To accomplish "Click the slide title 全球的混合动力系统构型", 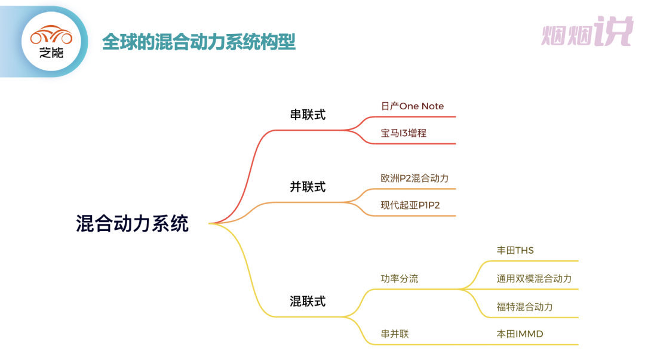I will pyautogui.click(x=199, y=42).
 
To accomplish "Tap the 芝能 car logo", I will pyautogui.click(x=51, y=41).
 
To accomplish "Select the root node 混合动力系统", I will pyautogui.click(x=132, y=223).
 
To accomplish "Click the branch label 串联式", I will pyautogui.click(x=308, y=115).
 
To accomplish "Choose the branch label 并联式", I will pyautogui.click(x=308, y=187).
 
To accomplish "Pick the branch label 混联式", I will pyautogui.click(x=308, y=301).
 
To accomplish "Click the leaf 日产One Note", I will pyautogui.click(x=412, y=106).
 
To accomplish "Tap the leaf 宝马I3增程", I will pyautogui.click(x=404, y=133).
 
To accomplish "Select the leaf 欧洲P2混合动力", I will pyautogui.click(x=414, y=179).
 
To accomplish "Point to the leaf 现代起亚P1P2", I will pyautogui.click(x=410, y=205).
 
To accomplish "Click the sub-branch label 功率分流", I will pyautogui.click(x=400, y=279).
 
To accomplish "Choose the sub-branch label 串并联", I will pyautogui.click(x=395, y=334).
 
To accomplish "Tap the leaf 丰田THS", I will pyautogui.click(x=515, y=250).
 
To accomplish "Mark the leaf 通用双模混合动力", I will pyautogui.click(x=534, y=279).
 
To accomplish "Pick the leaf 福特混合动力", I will pyautogui.click(x=524, y=307).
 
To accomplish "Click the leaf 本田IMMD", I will pyautogui.click(x=520, y=334).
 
